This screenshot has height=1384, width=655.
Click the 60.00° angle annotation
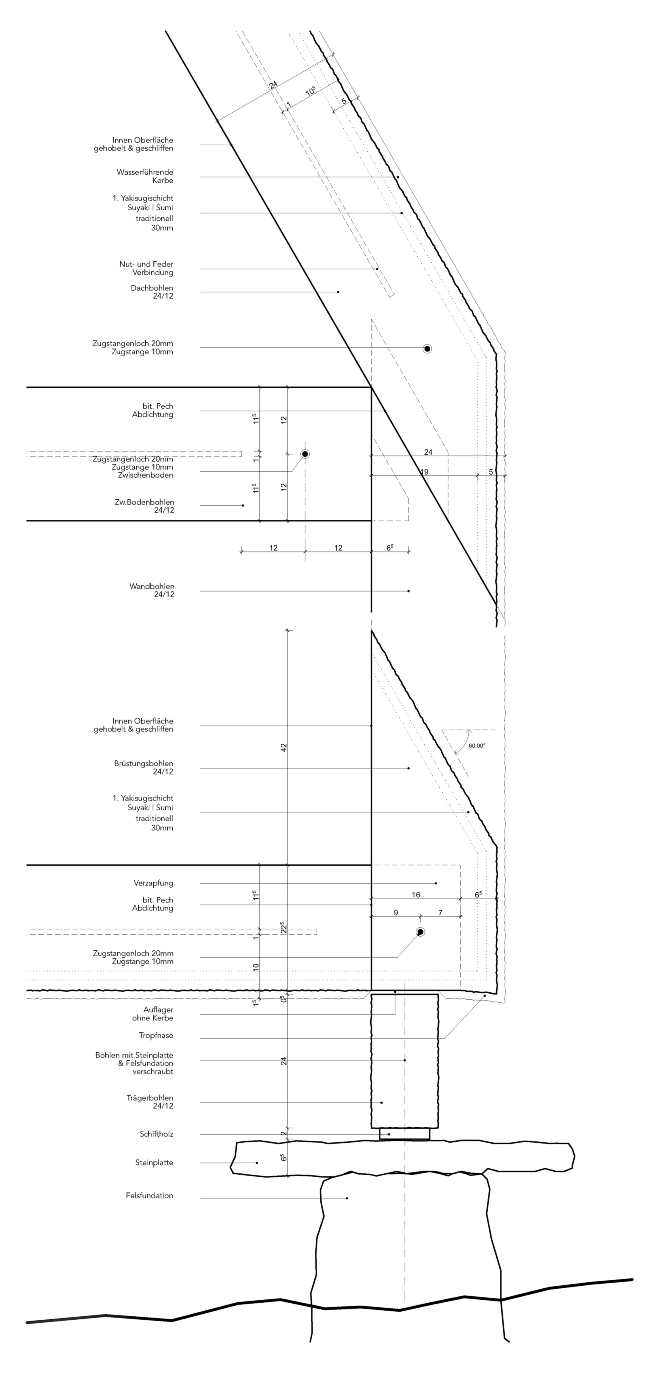pyautogui.click(x=476, y=746)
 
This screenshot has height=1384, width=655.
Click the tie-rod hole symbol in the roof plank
pyautogui.click(x=427, y=349)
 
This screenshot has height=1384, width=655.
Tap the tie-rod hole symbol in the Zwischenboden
pyautogui.click(x=305, y=454)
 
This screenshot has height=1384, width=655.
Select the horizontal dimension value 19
pyautogui.click(x=424, y=472)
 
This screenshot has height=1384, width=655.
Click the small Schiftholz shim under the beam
pyautogui.click(x=404, y=1134)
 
